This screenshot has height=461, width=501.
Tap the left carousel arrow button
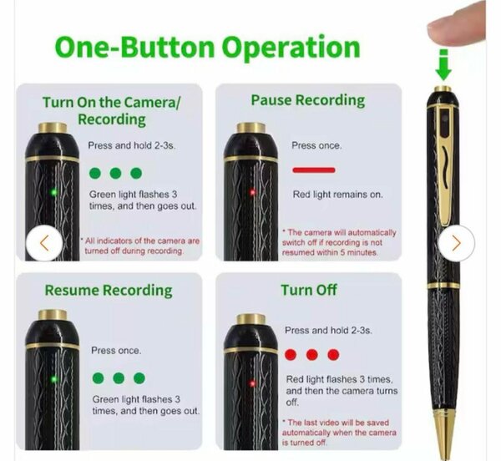(43, 243)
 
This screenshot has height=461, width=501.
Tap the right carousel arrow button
(456, 242)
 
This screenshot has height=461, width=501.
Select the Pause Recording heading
(307, 100)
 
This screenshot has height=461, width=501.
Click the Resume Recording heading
(109, 291)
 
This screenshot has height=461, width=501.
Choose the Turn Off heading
(308, 290)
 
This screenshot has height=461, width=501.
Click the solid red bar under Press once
(313, 170)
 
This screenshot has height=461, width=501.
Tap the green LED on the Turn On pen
(53, 191)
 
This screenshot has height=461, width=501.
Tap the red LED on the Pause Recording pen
(253, 192)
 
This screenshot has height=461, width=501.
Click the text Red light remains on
(336, 195)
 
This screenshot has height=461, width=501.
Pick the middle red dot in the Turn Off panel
(311, 355)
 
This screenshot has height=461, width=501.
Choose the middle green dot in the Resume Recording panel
(118, 378)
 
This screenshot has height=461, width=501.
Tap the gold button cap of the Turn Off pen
(250, 319)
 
